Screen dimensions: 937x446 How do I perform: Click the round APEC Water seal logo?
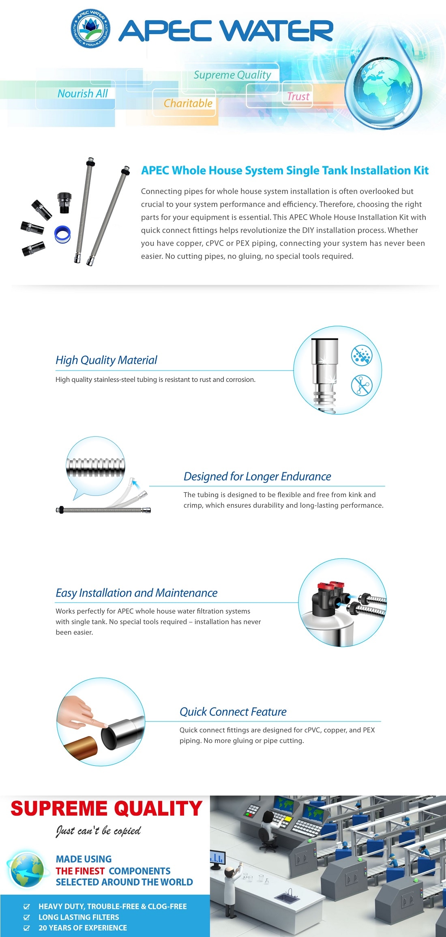pyautogui.click(x=90, y=29)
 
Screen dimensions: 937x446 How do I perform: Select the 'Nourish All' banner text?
pyautogui.click(x=83, y=94)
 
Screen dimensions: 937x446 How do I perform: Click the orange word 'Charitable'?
pyautogui.click(x=188, y=103)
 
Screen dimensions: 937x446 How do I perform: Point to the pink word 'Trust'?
pyautogui.click(x=298, y=97)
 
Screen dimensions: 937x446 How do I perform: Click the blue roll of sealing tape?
pyautogui.click(x=62, y=234)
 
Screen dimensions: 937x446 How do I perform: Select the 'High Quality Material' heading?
pyautogui.click(x=106, y=360)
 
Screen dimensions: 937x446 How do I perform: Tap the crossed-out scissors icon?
pyautogui.click(x=361, y=385)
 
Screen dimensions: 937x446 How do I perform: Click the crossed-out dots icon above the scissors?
pyautogui.click(x=361, y=355)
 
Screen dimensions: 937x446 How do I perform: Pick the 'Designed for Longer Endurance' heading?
pyautogui.click(x=257, y=476)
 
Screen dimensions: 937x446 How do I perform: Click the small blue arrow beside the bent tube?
pyautogui.click(x=136, y=483)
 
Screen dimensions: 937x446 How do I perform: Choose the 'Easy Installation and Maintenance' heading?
pyautogui.click(x=136, y=593)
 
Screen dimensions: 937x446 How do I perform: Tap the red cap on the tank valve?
pyautogui.click(x=326, y=587)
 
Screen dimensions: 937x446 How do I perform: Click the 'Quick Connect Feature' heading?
pyautogui.click(x=233, y=712)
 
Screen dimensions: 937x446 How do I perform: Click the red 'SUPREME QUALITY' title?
pyautogui.click(x=106, y=808)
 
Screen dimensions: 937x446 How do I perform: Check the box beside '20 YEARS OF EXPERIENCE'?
pyautogui.click(x=27, y=928)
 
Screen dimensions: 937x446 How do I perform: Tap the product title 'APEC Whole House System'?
pyautogui.click(x=285, y=170)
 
